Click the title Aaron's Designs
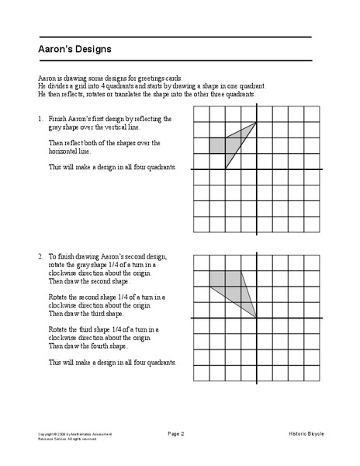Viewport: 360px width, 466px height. tap(74, 49)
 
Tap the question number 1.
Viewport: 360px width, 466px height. tap(39, 119)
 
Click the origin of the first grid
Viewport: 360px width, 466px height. tap(256, 169)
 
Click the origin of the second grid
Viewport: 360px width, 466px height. tap(256, 317)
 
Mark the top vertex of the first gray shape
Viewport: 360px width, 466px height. tap(256, 122)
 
